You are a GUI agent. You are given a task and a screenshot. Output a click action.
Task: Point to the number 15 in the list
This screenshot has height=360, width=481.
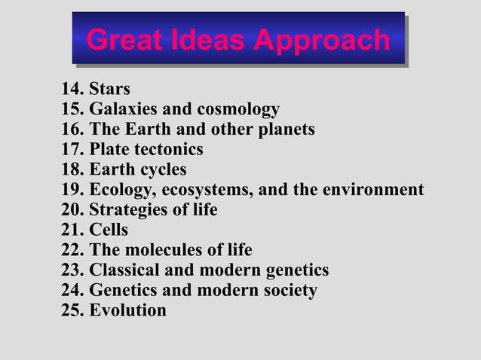(x=72, y=109)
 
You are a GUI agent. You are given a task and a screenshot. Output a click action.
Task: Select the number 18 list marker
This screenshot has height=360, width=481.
(x=72, y=169)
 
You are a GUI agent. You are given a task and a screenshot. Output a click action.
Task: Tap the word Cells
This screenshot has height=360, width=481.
(x=109, y=230)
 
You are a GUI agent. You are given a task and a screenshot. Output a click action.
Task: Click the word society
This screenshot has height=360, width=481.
(x=288, y=290)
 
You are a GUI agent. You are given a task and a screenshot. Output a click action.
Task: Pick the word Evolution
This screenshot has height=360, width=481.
(x=127, y=310)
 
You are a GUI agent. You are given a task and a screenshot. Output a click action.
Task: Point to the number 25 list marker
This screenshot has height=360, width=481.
(x=72, y=310)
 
